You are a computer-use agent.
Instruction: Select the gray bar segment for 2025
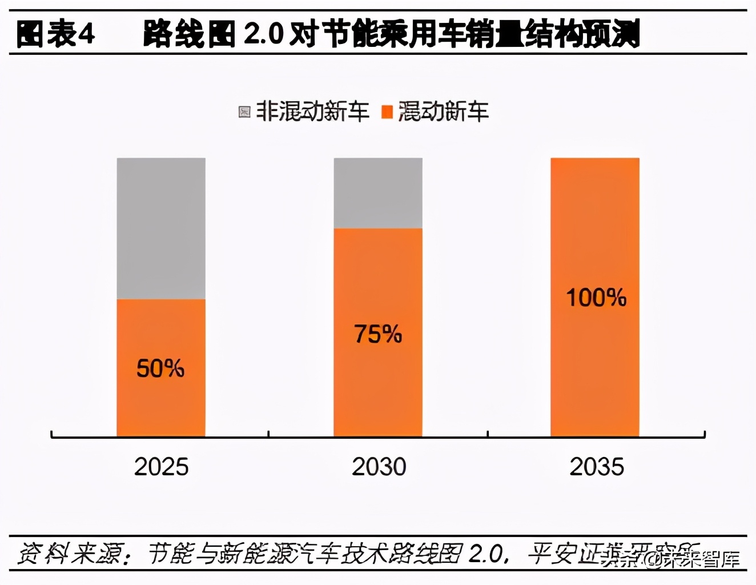click(161, 228)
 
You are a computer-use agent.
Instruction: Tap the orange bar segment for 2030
click(378, 388)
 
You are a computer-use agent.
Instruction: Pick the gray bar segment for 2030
click(378, 193)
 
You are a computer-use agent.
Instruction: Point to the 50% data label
click(160, 368)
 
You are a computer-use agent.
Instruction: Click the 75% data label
click(378, 334)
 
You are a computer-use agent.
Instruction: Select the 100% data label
click(596, 298)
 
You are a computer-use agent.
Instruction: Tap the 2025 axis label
click(161, 467)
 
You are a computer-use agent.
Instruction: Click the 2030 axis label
click(379, 467)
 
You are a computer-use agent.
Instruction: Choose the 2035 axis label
click(597, 467)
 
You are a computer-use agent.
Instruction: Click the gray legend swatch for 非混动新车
click(244, 112)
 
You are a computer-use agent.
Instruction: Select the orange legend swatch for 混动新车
click(387, 112)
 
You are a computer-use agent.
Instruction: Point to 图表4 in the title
click(55, 34)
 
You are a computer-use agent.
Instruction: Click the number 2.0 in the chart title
click(263, 34)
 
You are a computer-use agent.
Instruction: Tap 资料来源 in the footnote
click(69, 553)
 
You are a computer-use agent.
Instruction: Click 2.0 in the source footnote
click(486, 553)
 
